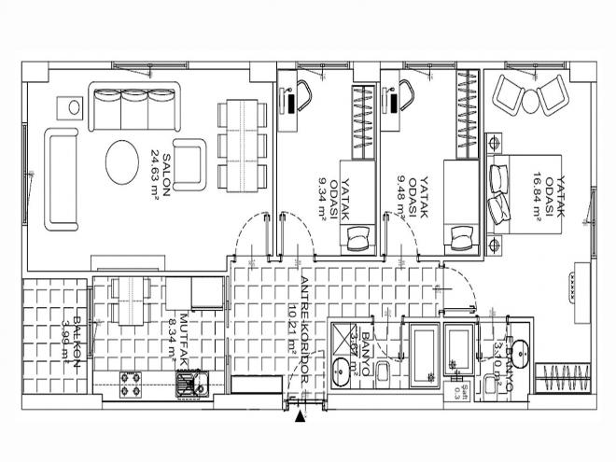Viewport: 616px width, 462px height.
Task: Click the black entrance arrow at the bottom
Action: pos(299,419)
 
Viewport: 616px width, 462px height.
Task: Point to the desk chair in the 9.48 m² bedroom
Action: pos(406,96)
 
